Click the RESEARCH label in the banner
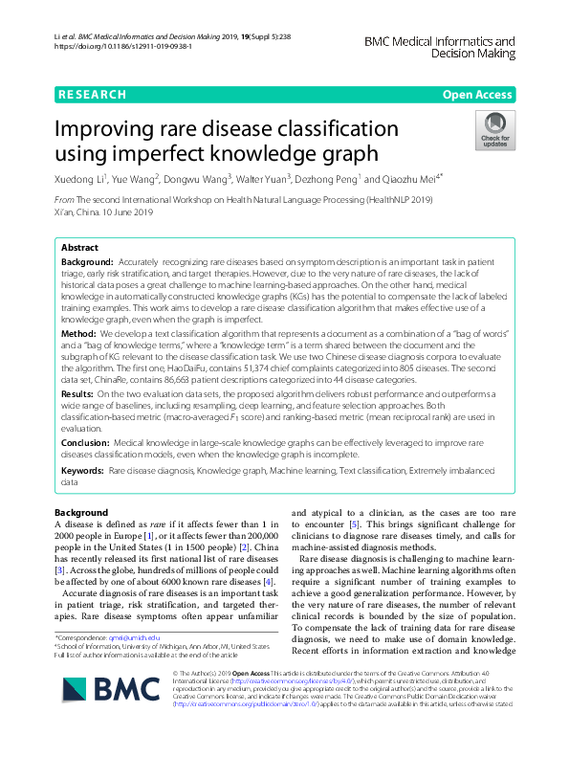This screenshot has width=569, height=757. click(92, 95)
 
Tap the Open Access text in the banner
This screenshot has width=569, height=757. click(477, 95)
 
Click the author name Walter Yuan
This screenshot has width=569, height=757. click(264, 178)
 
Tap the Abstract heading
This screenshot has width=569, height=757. click(81, 248)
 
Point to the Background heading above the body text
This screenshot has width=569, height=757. click(81, 513)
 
